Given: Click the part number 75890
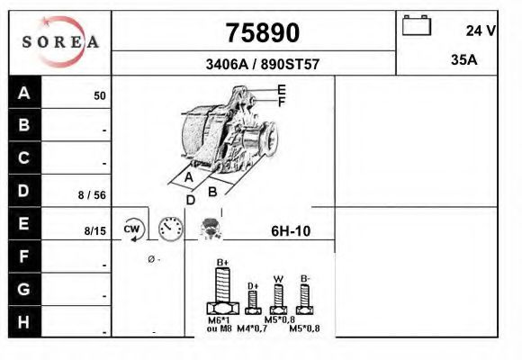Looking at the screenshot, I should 261,33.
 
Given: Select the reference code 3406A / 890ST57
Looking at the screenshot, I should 261,65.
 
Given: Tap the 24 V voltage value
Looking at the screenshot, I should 481,31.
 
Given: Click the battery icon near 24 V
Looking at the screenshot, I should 417,24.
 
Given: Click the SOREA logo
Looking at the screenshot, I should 60,42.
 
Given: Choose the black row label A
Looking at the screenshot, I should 24,93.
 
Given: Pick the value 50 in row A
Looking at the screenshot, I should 100,96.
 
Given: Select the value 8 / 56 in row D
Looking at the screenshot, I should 93,194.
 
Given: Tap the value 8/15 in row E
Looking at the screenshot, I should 94,231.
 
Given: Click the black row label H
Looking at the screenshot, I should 24,322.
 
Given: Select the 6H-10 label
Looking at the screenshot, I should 291,231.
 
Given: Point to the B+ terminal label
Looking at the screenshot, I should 223,262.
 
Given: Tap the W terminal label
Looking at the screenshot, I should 279,278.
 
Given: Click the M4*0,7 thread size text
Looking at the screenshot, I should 251,329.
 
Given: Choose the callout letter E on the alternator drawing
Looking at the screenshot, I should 282,89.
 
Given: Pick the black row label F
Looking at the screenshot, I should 24,256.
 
